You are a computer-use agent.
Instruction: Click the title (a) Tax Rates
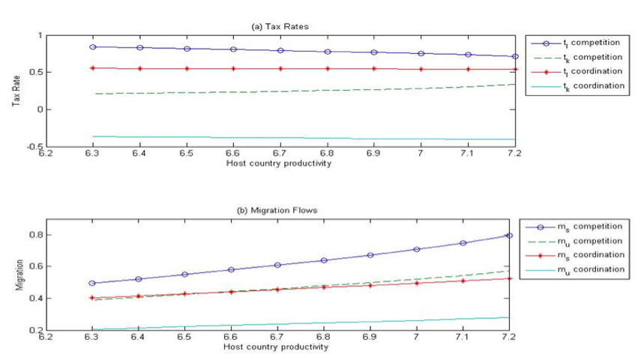280,26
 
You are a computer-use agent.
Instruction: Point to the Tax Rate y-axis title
16,91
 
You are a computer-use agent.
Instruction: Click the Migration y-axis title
16,274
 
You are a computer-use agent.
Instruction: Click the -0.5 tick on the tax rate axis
34,146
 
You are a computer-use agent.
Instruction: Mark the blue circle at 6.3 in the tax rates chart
92,46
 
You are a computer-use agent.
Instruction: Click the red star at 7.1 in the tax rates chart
468,69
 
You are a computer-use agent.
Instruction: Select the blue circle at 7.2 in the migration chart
509,235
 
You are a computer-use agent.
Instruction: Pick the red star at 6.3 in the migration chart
92,298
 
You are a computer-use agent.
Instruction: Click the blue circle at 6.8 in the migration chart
324,260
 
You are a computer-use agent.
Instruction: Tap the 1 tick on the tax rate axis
40,35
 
